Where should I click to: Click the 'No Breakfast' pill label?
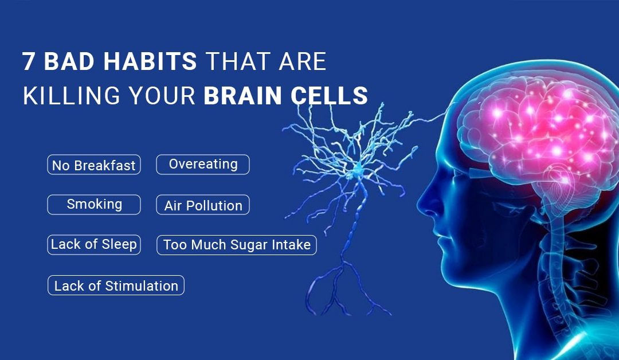93,165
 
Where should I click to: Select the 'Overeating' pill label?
203,165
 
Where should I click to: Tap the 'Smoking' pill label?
94,205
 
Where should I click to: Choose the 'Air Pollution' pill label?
203,206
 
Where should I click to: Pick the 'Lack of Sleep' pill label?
94,244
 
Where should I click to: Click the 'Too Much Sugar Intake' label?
236,245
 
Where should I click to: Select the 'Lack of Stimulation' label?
116,285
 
